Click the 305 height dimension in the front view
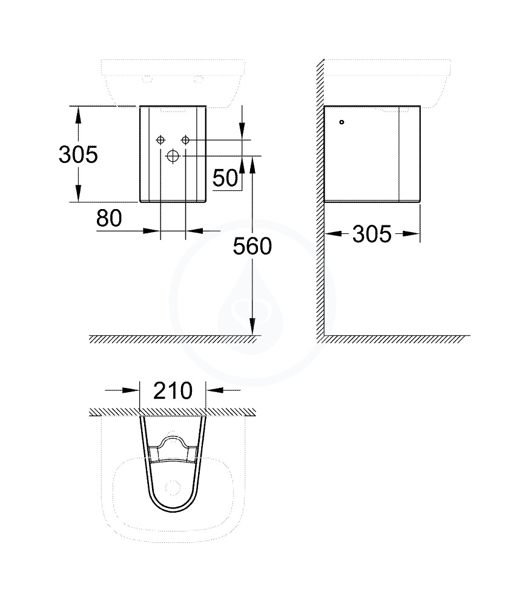(x=78, y=155)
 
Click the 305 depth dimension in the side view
(x=372, y=234)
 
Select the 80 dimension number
(x=109, y=218)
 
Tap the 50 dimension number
(x=225, y=178)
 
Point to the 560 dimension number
(x=252, y=246)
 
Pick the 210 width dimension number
(x=173, y=391)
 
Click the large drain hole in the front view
(x=173, y=156)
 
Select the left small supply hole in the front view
(x=160, y=140)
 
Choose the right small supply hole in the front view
(x=186, y=140)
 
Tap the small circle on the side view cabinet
(x=342, y=122)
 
